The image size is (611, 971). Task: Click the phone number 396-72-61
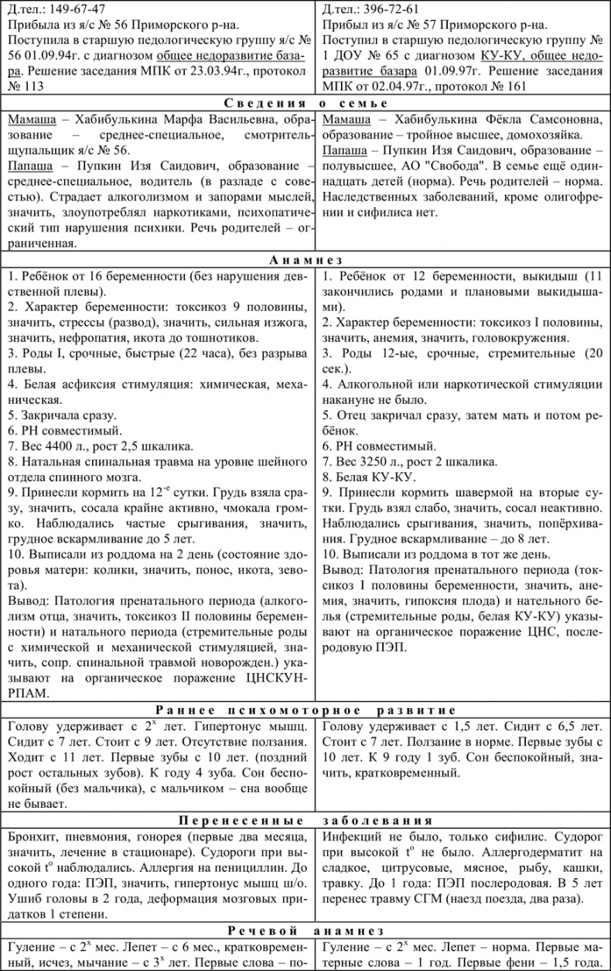pos(387,10)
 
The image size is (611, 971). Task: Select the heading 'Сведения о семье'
pos(305,103)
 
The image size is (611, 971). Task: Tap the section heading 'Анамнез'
pos(305,261)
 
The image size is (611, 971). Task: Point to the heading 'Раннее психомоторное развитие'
pos(305,709)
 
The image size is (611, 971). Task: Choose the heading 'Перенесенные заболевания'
pos(305,821)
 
